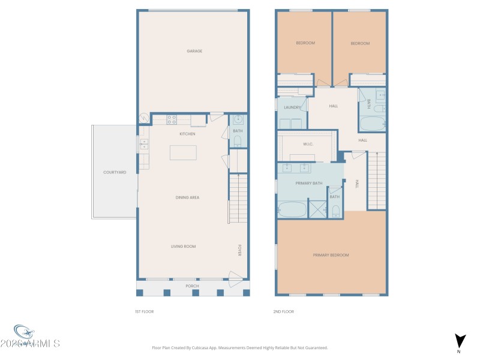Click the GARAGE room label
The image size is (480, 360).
click(x=194, y=51)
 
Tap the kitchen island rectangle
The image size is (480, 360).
click(x=182, y=152)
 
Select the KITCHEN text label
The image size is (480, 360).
click(x=187, y=134)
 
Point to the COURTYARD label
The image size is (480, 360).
click(x=114, y=172)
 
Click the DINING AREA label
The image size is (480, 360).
click(x=187, y=197)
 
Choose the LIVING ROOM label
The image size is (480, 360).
click(x=183, y=246)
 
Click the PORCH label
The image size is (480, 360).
click(x=192, y=286)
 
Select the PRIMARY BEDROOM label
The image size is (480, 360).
click(x=331, y=255)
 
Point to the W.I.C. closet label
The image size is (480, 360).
click(x=309, y=144)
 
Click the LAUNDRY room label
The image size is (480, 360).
click(x=292, y=107)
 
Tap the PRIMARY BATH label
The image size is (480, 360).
click(x=309, y=182)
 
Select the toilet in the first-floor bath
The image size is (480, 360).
click(x=237, y=141)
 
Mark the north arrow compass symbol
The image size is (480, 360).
click(x=460, y=341)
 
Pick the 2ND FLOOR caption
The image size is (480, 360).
click(x=284, y=311)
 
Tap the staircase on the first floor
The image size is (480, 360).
click(x=238, y=198)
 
